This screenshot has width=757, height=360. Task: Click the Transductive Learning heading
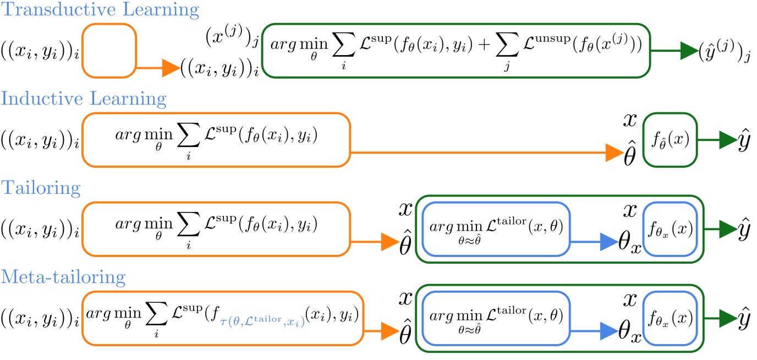[x=100, y=9]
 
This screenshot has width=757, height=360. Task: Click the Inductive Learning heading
[x=84, y=99]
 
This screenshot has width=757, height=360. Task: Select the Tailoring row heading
[x=41, y=188]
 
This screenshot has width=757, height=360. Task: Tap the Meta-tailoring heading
[x=64, y=276]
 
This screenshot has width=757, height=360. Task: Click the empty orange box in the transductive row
[x=109, y=50]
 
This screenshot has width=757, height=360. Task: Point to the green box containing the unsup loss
[x=456, y=50]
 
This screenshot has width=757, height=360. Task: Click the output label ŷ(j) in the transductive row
[x=724, y=52]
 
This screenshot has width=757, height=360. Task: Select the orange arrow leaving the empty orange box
[x=158, y=68]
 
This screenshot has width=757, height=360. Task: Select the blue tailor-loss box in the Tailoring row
[x=496, y=229]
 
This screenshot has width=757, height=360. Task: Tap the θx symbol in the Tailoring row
[x=628, y=243]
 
